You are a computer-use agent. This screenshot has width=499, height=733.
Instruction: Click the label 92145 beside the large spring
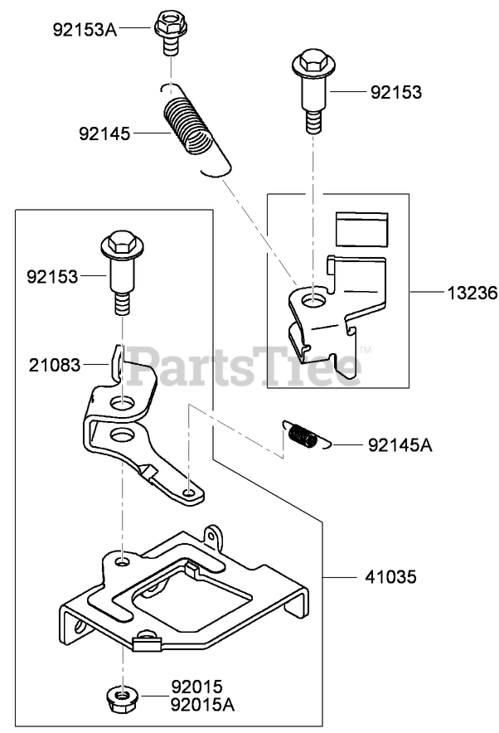coord(104,133)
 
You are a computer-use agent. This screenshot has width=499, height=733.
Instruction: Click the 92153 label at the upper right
coord(395,93)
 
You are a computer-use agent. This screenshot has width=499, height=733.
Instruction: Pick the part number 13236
coord(469,293)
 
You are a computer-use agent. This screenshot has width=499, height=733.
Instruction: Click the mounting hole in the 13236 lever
coord(313,297)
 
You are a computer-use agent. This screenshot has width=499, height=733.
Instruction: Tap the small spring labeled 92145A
coord(303,435)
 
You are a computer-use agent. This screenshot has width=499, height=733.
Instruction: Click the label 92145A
coord(400,445)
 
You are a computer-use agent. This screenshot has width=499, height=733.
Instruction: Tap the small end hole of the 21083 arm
coord(191,494)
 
